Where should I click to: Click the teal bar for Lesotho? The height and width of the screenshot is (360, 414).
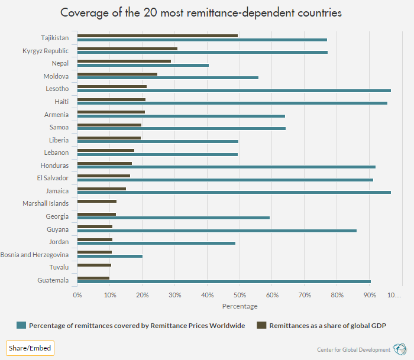coord(234,90)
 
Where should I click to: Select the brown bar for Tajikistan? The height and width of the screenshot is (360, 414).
coord(157,35)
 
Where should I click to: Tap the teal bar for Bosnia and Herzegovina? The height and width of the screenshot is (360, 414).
coord(109,257)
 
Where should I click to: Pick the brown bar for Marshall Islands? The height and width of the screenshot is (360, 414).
coord(96,202)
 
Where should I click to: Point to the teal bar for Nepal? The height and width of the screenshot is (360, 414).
coord(143,65)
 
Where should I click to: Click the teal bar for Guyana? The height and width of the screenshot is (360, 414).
coord(216,231)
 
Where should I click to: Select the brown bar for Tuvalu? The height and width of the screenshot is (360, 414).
coord(93,265)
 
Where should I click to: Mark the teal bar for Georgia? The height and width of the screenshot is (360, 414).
coord(173,218)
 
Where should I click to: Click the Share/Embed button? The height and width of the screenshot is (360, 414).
coord(30,348)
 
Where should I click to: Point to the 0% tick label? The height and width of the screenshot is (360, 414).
coord(77,294)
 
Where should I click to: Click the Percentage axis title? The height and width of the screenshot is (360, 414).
coord(240,306)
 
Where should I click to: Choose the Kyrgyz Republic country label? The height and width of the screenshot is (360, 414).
coord(46,51)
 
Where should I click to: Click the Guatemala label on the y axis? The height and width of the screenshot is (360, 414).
coord(53,280)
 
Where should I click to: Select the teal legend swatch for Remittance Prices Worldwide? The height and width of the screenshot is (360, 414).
coord(21,325)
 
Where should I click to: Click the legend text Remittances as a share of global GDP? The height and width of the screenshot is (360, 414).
coord(328,325)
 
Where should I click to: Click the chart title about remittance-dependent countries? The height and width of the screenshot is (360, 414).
coord(201,13)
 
